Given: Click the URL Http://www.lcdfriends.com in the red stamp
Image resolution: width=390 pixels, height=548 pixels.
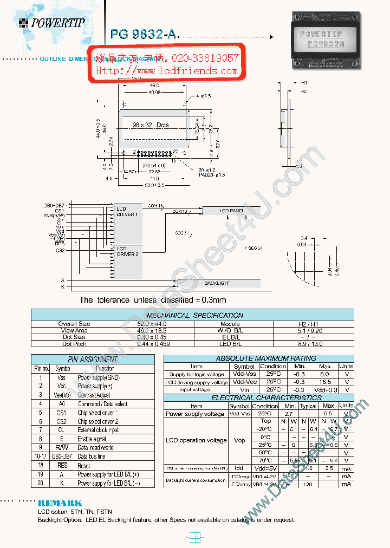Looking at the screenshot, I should (x=167, y=71).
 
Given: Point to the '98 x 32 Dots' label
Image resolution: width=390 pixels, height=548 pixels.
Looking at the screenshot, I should (x=151, y=125).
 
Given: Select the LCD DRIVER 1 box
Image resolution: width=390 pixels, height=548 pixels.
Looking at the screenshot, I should (x=128, y=212).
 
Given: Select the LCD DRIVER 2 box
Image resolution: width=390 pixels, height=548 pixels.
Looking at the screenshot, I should (x=128, y=251).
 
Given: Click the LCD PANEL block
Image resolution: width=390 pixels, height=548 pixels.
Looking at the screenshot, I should (x=231, y=210).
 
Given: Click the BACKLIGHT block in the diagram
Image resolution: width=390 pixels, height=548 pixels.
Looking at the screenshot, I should (x=217, y=283).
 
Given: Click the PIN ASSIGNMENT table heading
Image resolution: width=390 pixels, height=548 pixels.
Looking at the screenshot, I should (x=92, y=360).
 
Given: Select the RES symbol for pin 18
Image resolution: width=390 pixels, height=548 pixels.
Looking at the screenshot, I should (x=62, y=465).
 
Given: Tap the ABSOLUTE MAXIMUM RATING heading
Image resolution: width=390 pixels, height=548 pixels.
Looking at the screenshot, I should (x=258, y=358).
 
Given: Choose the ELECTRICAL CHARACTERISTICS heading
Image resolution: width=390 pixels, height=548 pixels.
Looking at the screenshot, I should (x=258, y=398).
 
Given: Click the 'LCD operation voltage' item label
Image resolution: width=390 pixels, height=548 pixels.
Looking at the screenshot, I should (x=196, y=440).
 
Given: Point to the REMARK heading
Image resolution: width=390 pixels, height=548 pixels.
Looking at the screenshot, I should (x=60, y=504).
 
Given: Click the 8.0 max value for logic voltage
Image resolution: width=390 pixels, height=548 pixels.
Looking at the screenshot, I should (x=325, y=374).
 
